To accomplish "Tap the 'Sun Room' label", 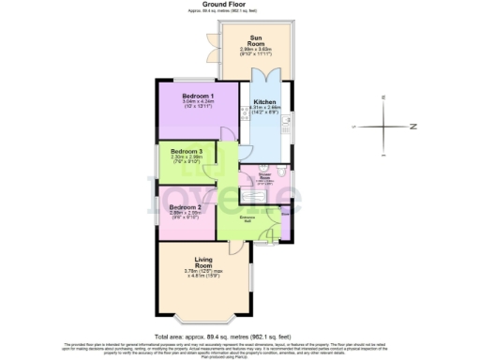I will (x=256, y=40).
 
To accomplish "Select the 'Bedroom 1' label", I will (x=198, y=97).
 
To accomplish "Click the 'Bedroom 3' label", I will (x=186, y=152).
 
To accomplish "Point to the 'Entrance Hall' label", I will (x=248, y=217).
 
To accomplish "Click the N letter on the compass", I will (x=411, y=125).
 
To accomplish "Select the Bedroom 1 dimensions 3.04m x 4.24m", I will (x=198, y=105).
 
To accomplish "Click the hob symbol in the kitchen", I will (x=245, y=110).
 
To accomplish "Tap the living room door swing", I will (x=232, y=248).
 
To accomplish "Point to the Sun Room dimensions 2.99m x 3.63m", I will (x=256, y=51).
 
